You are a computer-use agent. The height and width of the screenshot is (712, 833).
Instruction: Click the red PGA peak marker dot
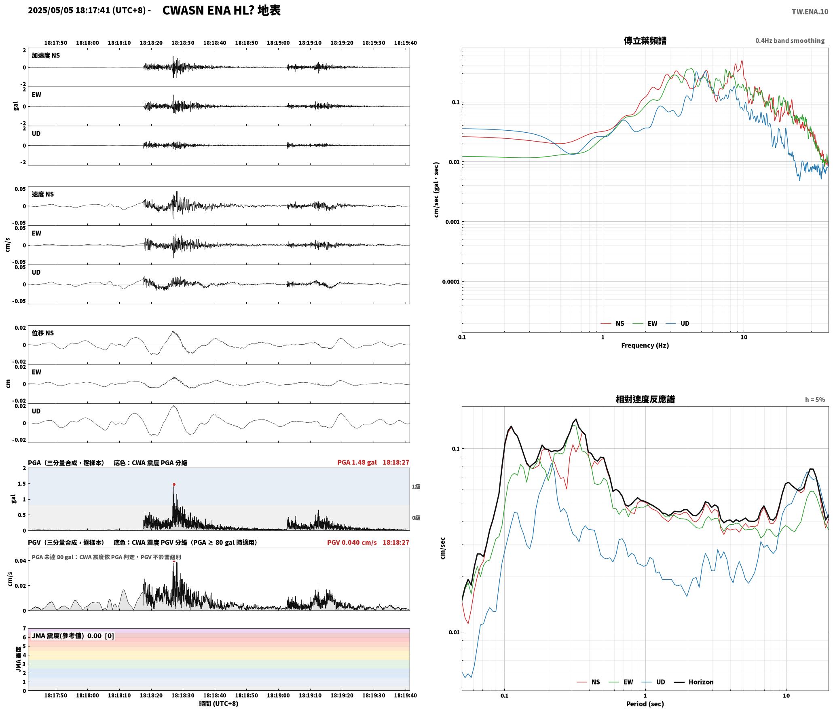coord(174,484)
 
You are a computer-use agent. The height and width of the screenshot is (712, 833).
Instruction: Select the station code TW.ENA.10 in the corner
coord(810,12)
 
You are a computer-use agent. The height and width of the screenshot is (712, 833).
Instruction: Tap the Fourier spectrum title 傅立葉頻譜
coord(645,41)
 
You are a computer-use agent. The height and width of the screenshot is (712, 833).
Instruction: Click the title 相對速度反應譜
coord(645,399)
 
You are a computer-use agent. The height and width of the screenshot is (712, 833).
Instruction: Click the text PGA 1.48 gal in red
coord(357,462)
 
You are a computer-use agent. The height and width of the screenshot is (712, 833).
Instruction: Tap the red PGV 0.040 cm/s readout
coord(352,542)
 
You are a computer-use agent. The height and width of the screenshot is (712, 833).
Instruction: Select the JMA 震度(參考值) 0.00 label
coord(67,636)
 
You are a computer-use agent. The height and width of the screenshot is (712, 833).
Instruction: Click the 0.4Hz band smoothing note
coord(790,41)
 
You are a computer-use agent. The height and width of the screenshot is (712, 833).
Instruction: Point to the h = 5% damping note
coord(815,400)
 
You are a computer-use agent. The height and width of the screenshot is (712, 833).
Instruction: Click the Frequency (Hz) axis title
coord(645,345)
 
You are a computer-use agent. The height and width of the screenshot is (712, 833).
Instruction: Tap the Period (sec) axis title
coord(645,704)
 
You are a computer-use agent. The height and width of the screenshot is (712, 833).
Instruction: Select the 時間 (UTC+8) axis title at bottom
coord(218,704)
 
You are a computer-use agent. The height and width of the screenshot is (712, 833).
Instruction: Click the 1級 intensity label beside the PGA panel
coord(416,487)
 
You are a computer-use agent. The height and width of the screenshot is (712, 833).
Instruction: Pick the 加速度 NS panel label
coord(46,55)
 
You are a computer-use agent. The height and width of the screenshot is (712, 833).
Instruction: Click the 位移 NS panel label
coord(43,333)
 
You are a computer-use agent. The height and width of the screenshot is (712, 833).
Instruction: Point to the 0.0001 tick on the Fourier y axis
coord(451,282)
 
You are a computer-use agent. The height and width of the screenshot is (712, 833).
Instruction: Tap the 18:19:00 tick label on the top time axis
coord(278,43)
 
